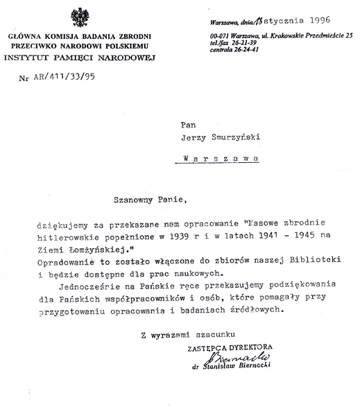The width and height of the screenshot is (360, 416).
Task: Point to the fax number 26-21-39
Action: pyautogui.click(x=251, y=42)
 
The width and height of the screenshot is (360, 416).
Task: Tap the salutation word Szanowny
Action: pyautogui.click(x=136, y=199)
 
